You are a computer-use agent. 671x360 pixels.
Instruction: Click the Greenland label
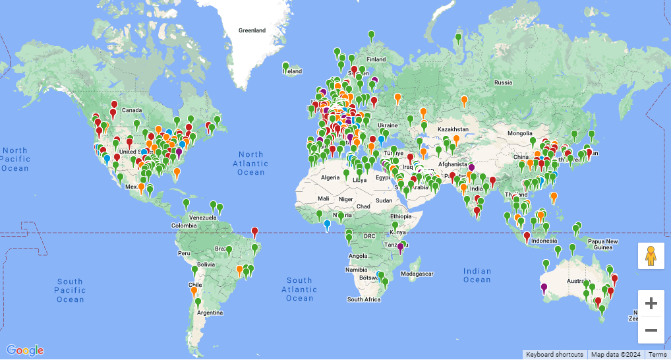coord(252,30)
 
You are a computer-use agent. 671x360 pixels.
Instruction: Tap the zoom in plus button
coord(651,303)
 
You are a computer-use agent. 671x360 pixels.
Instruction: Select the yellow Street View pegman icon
coord(651,255)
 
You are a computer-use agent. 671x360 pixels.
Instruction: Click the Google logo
coord(25,350)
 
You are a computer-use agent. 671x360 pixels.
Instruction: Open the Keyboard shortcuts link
coord(554,355)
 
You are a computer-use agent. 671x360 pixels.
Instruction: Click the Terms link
coord(657,355)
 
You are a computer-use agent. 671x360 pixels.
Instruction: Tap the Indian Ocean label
coord(477,275)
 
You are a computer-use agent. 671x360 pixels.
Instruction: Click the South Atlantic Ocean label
coord(299,289)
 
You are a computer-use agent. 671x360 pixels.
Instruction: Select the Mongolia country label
coord(520,133)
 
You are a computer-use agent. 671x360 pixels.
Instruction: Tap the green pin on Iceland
coord(285,66)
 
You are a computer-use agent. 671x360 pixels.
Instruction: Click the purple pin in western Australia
coord(544,287)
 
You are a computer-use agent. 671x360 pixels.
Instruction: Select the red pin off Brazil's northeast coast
coord(254,231)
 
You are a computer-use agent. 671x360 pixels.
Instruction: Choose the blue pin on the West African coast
coord(327,225)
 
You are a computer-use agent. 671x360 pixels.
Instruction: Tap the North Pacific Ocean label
coord(15,159)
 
